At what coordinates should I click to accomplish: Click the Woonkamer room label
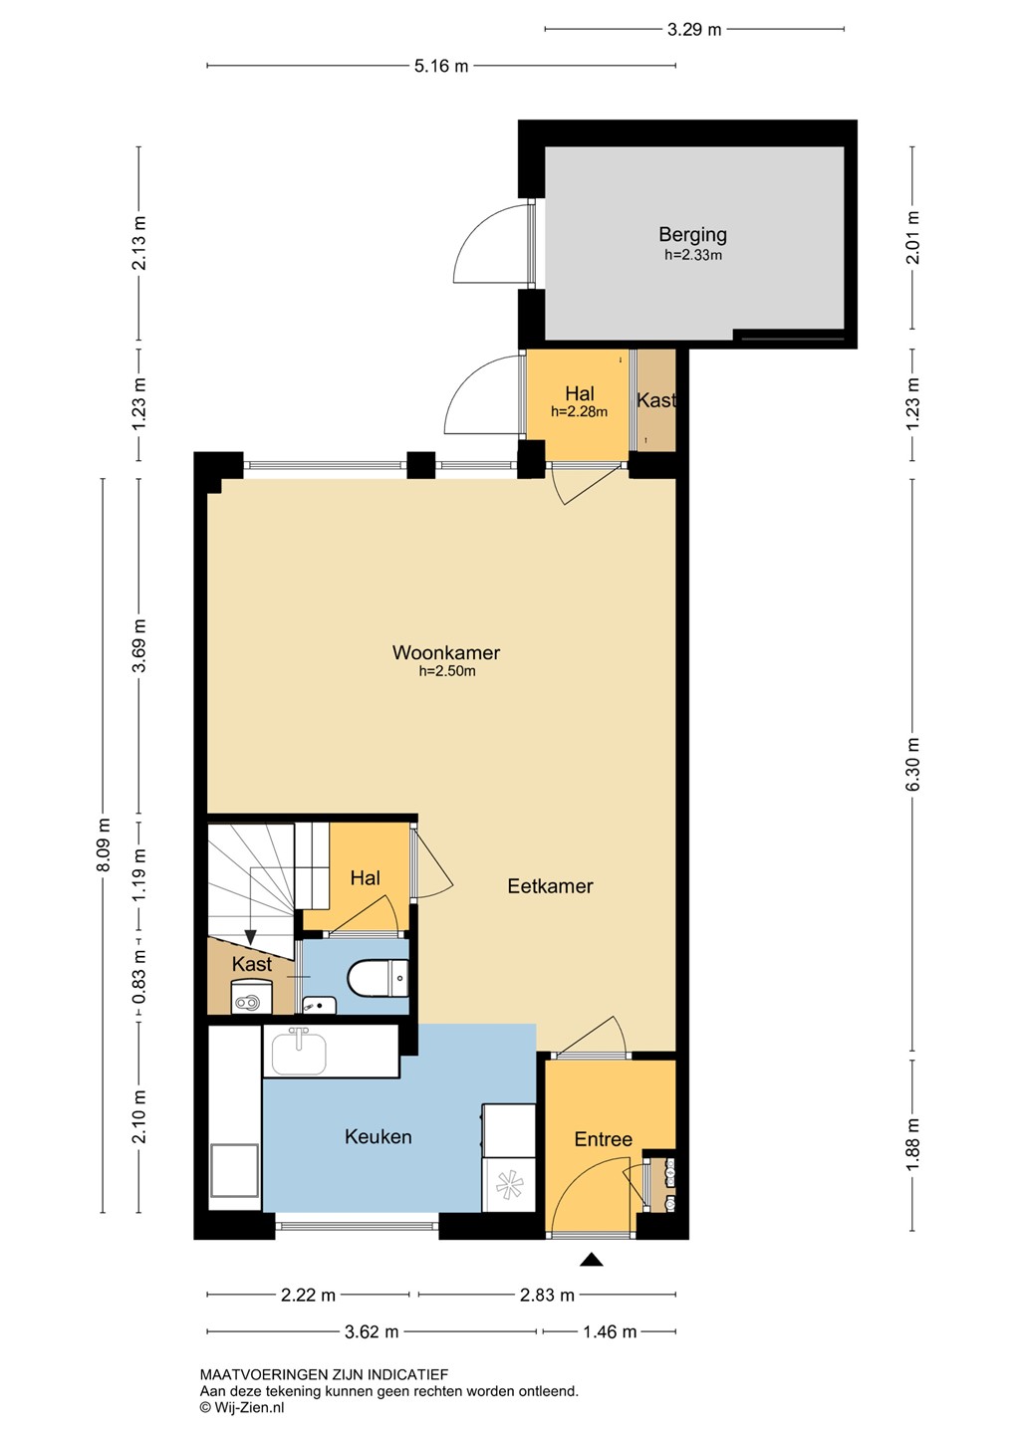[x=445, y=652]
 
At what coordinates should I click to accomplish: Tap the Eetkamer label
[x=550, y=886]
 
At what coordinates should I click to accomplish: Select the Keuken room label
[x=378, y=1136]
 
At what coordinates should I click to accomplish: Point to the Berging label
[x=693, y=235]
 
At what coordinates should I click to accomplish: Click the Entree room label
[x=604, y=1139]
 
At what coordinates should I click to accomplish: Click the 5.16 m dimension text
[x=441, y=66]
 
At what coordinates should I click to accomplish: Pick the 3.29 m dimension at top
[x=694, y=30]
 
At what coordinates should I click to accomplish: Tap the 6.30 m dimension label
[x=912, y=764]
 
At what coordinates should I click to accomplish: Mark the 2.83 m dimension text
[x=547, y=1295]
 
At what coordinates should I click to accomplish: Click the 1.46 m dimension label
[x=610, y=1332]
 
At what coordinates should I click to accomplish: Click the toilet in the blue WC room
[x=378, y=979]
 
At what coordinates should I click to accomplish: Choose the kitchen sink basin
[x=299, y=1052]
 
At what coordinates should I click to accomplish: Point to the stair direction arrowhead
[x=250, y=937]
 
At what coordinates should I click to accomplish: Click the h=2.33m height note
[x=693, y=255]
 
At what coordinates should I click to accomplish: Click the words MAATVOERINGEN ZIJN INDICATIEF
[x=324, y=1374]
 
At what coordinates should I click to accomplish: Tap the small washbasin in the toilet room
[x=319, y=1006]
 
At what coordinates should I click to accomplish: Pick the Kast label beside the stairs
[x=252, y=964]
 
